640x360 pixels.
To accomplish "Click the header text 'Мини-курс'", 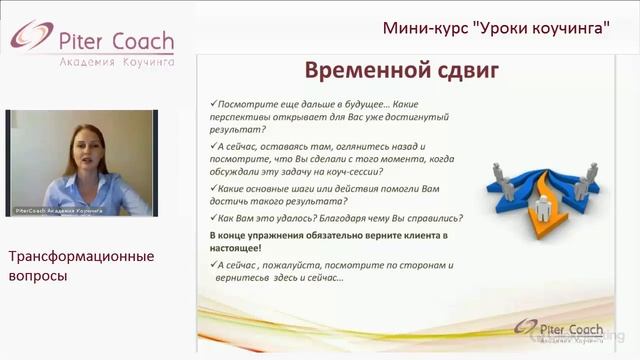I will pos(420,27).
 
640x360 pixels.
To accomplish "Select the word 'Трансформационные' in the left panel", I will pos(81,256).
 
